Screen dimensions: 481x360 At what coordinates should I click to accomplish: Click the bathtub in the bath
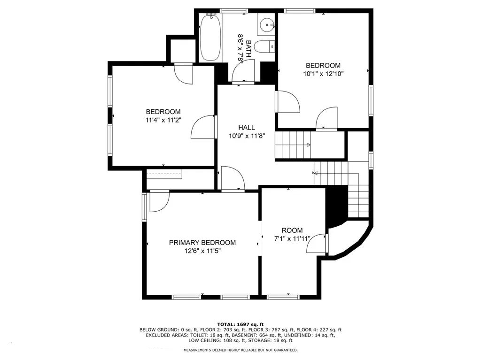(x=210, y=38)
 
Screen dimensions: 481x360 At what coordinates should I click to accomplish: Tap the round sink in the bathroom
(x=266, y=23)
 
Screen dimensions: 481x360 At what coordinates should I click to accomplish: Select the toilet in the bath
(x=265, y=47)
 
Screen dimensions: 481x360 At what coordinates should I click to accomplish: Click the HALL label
(x=247, y=128)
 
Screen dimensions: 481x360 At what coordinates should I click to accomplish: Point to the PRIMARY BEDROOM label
(x=202, y=243)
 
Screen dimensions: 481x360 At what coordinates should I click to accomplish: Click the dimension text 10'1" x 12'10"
(x=323, y=74)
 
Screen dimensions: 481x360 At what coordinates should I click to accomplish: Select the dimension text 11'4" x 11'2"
(x=163, y=120)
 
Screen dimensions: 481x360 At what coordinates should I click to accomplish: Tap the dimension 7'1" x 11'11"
(x=292, y=238)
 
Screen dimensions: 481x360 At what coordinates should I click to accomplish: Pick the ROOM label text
(x=292, y=230)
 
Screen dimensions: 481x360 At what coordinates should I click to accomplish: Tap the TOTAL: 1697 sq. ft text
(x=240, y=324)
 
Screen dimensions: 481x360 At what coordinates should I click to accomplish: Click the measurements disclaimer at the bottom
(x=240, y=350)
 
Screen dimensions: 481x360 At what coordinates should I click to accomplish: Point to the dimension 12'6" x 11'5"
(x=202, y=251)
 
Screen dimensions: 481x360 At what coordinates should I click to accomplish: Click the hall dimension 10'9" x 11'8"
(x=247, y=136)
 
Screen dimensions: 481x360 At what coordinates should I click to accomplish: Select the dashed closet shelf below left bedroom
(x=164, y=174)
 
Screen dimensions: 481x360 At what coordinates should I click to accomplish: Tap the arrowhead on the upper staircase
(x=309, y=145)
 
